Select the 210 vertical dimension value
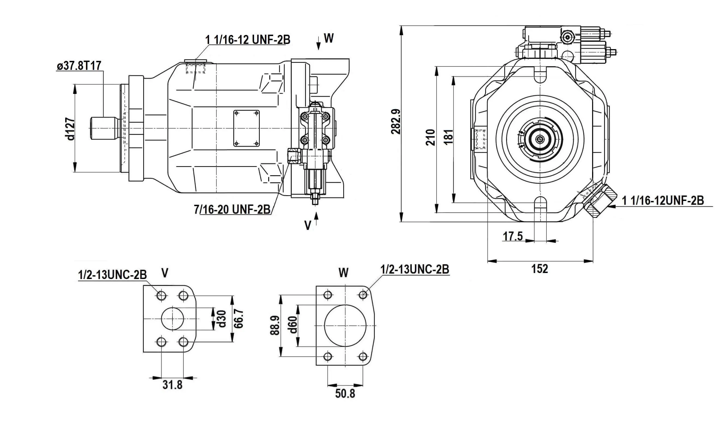click(x=430, y=137)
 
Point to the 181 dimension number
click(x=449, y=137)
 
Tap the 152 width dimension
click(x=540, y=269)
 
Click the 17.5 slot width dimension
click(x=513, y=236)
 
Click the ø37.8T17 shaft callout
click(x=79, y=66)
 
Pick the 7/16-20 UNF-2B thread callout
click(x=232, y=209)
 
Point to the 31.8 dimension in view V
click(x=172, y=385)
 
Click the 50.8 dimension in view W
click(x=345, y=393)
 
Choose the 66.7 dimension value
click(x=239, y=319)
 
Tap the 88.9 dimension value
click(x=275, y=325)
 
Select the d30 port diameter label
click(x=222, y=319)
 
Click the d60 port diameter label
click(x=293, y=325)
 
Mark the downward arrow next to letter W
click(x=319, y=43)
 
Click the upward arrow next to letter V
click(x=316, y=220)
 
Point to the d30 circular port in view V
click(x=172, y=319)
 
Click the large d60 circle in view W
click(x=345, y=325)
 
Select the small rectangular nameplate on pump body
click(x=246, y=128)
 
